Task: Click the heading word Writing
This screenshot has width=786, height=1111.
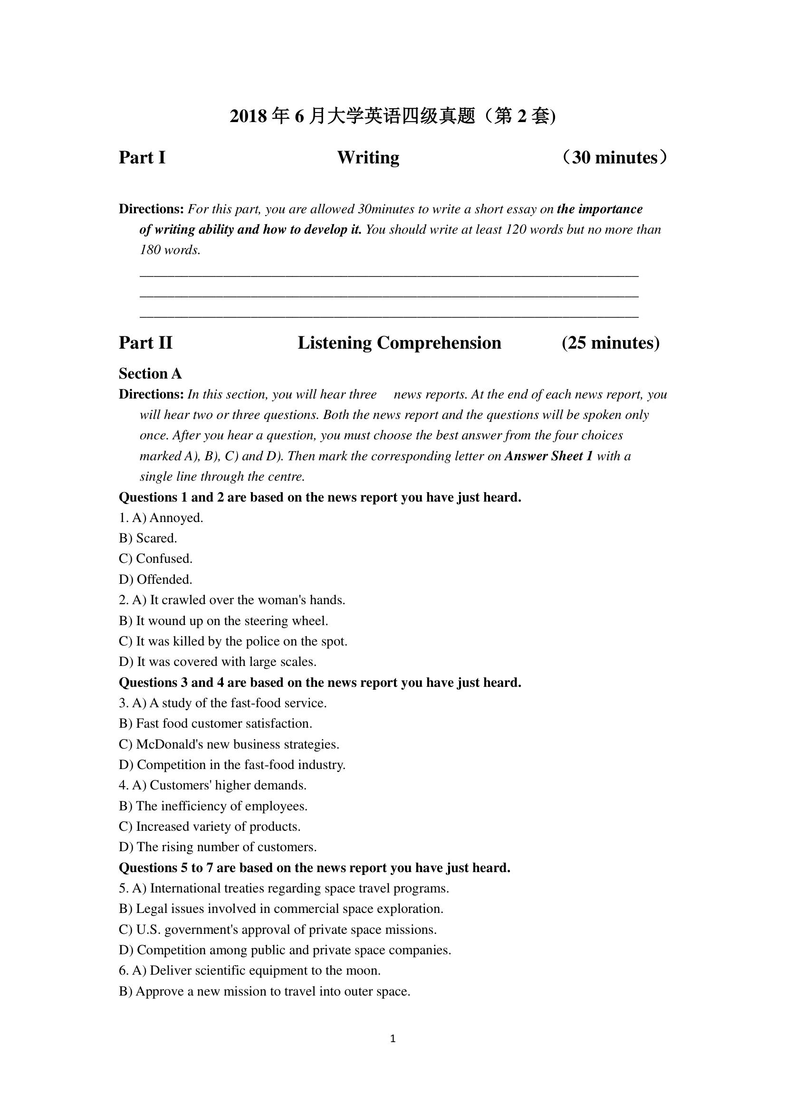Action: point(368,158)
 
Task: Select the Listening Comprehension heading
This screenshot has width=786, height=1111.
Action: point(399,343)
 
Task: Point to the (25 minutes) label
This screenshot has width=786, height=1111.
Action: point(610,343)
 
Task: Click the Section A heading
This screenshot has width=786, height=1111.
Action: point(150,373)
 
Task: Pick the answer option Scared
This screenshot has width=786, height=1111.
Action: point(148,538)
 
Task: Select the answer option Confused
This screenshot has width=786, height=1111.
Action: point(156,559)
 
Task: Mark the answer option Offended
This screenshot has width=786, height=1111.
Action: point(156,579)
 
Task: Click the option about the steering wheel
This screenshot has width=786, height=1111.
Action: point(224,621)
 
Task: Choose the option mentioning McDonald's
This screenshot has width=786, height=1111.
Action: point(230,744)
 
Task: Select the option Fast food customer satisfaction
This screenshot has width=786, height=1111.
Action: point(216,723)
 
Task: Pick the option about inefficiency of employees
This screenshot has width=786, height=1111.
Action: point(213,806)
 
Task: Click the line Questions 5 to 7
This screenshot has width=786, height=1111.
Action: point(315,868)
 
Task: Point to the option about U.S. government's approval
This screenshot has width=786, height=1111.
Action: point(278,930)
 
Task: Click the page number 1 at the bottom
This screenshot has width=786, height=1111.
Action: point(393,1038)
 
